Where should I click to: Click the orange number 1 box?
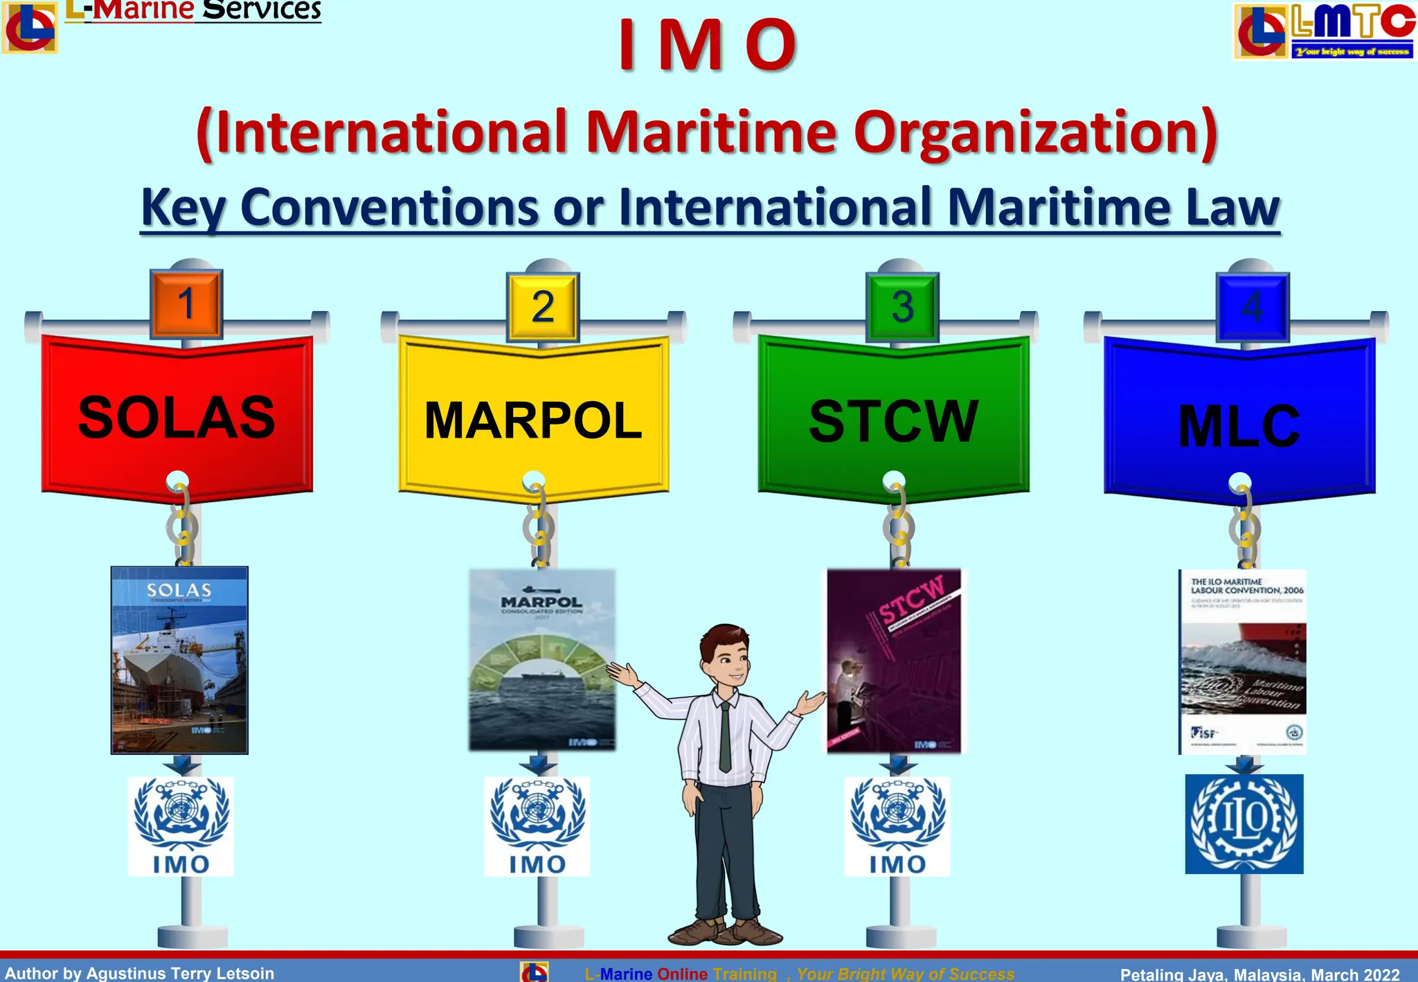tap(186, 304)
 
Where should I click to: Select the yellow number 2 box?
tap(543, 307)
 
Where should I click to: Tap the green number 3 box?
tap(902, 307)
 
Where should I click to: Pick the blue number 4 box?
tap(1253, 307)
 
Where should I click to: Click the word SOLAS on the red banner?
tap(177, 418)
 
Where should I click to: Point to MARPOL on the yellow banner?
tap(533, 420)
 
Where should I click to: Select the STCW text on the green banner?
tap(893, 421)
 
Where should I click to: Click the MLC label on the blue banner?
tap(1239, 427)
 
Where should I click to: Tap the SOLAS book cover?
tap(179, 659)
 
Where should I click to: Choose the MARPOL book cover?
tap(542, 659)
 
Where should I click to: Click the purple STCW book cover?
tap(894, 661)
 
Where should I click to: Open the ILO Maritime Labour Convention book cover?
tap(1243, 661)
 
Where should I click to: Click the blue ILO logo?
tap(1244, 823)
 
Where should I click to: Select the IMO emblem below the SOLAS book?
tap(181, 825)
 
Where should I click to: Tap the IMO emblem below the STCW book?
tap(897, 825)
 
